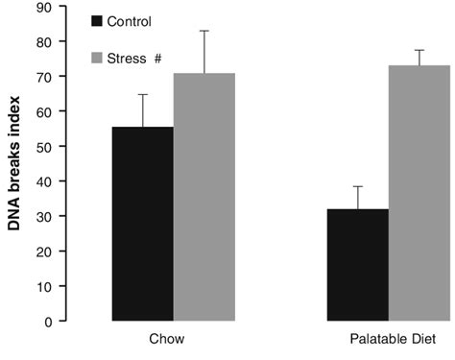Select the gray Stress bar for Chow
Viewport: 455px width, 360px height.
click(x=204, y=197)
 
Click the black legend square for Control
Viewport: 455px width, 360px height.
click(x=97, y=20)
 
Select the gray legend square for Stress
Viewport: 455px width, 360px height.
click(x=97, y=59)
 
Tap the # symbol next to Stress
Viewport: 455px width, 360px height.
click(x=156, y=59)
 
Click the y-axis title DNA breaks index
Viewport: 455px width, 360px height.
click(x=16, y=163)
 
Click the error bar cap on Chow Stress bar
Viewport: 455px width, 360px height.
click(x=204, y=31)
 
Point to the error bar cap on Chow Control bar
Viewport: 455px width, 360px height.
click(x=144, y=94)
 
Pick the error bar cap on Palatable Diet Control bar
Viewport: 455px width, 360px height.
click(x=358, y=186)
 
